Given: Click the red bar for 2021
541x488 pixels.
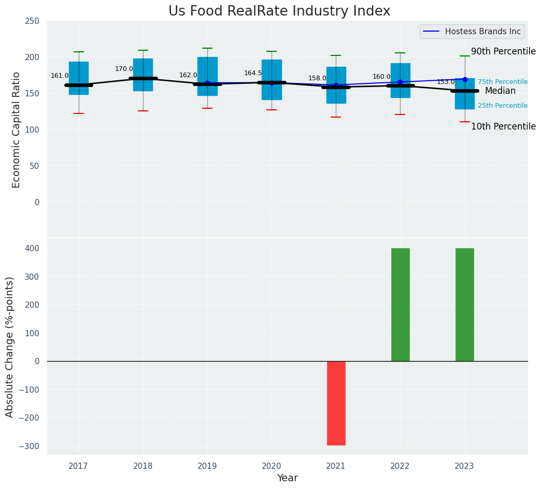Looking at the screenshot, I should click(x=336, y=403).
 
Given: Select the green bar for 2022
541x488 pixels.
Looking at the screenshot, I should click(x=400, y=305).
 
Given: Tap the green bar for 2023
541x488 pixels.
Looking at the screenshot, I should click(x=464, y=305).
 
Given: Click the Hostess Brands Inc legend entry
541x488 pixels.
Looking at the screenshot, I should click(x=472, y=32).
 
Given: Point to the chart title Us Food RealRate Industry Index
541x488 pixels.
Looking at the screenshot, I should click(x=279, y=11).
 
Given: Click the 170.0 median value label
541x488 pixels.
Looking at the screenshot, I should click(x=124, y=69).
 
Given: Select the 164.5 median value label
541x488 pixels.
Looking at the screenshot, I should click(x=253, y=73).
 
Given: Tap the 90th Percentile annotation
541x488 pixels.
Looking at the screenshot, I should click(x=503, y=51).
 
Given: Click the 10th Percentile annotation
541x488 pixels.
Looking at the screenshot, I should click(x=503, y=126).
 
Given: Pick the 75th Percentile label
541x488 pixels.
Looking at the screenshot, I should click(x=503, y=82).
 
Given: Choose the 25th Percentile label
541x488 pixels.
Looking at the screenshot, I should click(x=503, y=106).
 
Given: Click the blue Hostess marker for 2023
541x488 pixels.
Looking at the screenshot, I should click(x=465, y=79).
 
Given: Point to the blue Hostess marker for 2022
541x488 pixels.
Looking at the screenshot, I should click(x=400, y=82).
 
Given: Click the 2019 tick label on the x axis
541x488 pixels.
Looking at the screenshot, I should click(x=207, y=466).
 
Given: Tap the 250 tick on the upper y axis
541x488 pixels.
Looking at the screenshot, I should click(x=32, y=21).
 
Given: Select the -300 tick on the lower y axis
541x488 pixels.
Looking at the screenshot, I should click(x=29, y=446).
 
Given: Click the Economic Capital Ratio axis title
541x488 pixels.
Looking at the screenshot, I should click(x=16, y=130).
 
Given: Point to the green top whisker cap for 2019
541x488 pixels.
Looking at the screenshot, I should click(x=207, y=48).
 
